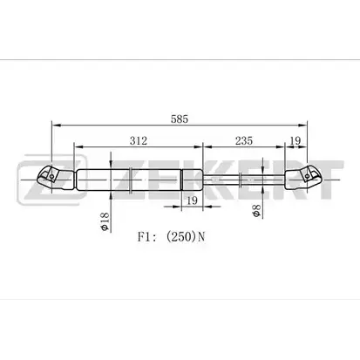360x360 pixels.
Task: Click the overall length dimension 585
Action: click(180, 119)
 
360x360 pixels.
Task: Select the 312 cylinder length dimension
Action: click(139, 140)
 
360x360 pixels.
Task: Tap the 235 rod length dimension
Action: click(244, 140)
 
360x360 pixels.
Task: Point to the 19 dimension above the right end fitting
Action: click(295, 140)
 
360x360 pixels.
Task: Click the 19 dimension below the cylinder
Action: click(192, 200)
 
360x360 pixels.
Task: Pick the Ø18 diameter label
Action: click(105, 221)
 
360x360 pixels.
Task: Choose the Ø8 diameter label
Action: click(256, 210)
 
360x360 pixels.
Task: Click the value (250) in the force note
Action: click(180, 237)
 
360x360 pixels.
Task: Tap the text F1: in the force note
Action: click(147, 237)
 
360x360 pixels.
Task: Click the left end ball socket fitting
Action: click(55, 178)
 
